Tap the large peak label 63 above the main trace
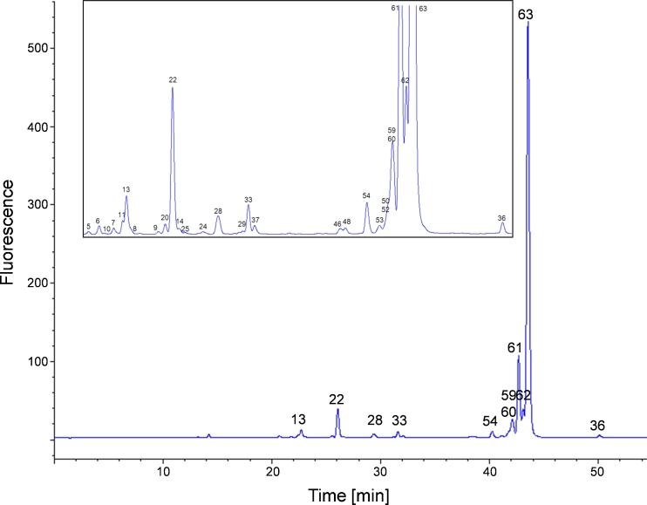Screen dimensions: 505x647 (x=526, y=15)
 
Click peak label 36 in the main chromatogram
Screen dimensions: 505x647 (x=597, y=426)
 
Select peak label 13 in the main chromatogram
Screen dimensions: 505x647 (x=299, y=420)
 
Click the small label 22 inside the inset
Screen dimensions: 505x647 (x=173, y=79)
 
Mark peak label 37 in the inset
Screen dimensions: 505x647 (x=255, y=220)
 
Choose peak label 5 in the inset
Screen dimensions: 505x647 (x=89, y=226)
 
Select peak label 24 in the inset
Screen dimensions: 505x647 (x=203, y=227)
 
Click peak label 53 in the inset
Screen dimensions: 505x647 (x=379, y=220)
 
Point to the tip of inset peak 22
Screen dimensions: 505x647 (x=173, y=88)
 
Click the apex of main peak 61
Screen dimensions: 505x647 (x=518, y=357)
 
